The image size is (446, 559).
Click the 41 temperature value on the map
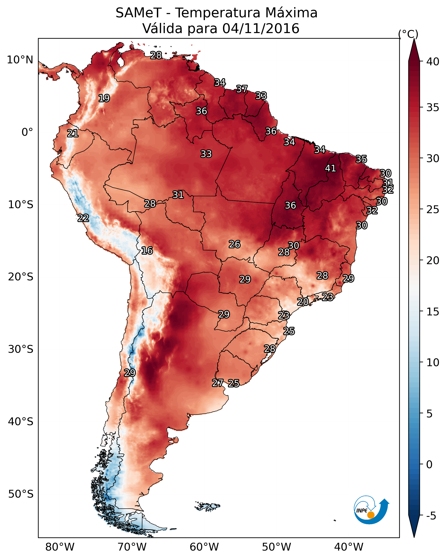coord(331,168)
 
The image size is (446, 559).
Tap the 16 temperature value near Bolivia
coord(147,251)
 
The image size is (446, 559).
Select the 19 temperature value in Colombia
coord(104,98)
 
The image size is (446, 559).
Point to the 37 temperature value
coord(242,89)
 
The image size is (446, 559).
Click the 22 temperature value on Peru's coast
coord(83,218)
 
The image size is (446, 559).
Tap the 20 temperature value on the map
coord(303,302)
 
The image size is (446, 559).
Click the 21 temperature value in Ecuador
coord(72,133)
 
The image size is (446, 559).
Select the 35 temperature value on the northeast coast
coord(361,159)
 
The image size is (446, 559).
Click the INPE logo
coord(371,510)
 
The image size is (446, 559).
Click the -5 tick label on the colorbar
coord(431,516)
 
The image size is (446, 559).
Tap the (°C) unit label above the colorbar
coord(408,34)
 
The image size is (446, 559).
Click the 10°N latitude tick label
coord(20,60)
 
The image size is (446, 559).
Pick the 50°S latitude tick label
coord(21,494)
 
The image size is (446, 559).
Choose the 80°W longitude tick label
coord(60,547)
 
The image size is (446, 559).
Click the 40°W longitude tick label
coord(349,547)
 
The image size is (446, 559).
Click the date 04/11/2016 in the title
coord(261,28)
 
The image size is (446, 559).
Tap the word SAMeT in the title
coord(139,13)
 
